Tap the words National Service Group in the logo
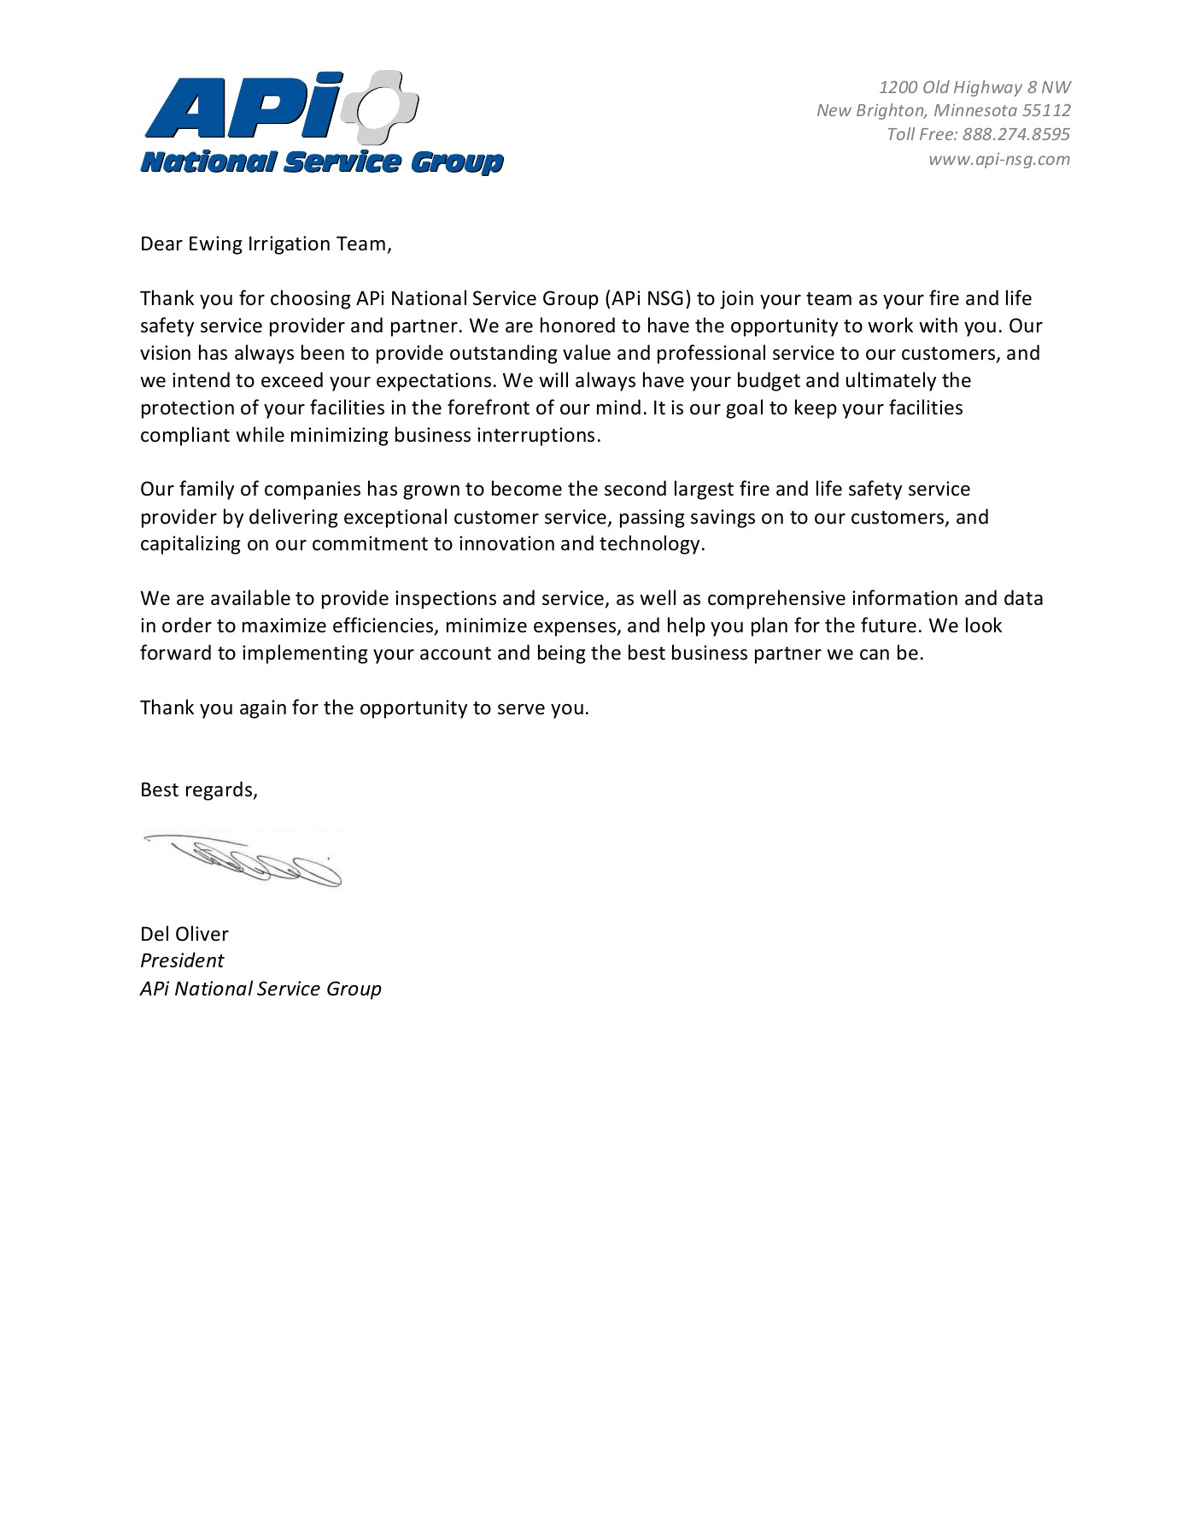(x=321, y=162)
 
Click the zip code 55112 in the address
(x=1046, y=110)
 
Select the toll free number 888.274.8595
(x=1015, y=134)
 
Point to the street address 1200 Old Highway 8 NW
(x=974, y=86)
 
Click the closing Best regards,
(x=198, y=790)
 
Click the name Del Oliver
(x=184, y=934)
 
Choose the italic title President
(x=182, y=960)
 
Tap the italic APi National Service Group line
(x=260, y=989)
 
